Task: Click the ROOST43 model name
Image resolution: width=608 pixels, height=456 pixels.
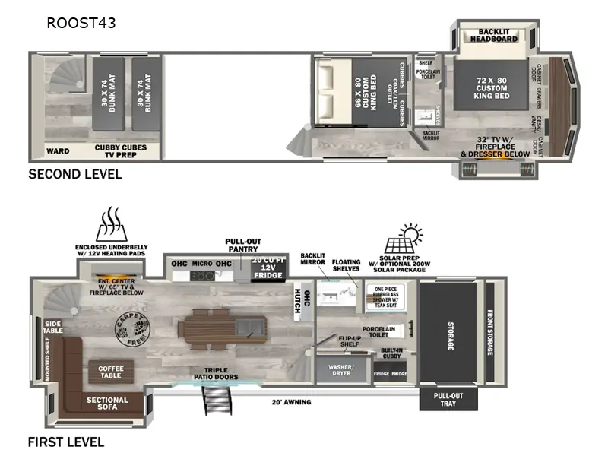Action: (81, 23)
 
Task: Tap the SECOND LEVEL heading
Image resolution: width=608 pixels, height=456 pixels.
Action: (74, 174)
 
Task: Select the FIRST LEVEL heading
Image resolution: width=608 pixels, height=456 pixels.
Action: (65, 442)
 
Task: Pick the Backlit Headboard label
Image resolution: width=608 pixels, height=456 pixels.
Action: (493, 35)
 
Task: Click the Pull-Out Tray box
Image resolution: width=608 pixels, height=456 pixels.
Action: (448, 400)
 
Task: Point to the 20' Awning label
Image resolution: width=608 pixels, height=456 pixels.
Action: (293, 401)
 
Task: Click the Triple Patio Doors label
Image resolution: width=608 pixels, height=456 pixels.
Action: (217, 373)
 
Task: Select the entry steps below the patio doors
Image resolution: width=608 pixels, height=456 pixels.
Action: (215, 401)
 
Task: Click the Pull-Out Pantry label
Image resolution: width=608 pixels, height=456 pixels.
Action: (244, 245)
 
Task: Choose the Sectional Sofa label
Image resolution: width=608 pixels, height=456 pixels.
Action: (107, 404)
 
